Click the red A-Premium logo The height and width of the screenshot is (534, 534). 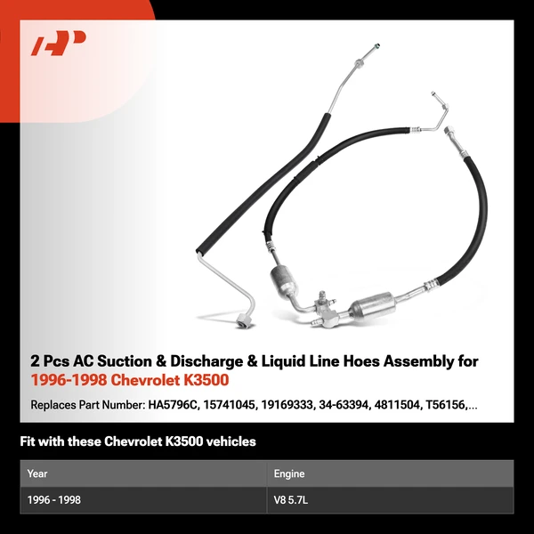tap(58, 43)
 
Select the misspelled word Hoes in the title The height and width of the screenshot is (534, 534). tap(361, 361)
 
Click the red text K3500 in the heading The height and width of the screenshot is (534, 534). tap(206, 380)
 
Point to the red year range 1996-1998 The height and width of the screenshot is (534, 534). tap(69, 380)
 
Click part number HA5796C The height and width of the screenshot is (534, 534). tap(174, 405)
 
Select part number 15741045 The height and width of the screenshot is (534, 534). tap(230, 405)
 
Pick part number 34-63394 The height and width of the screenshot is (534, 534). tap(344, 405)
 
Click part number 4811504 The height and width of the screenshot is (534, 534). tap(397, 405)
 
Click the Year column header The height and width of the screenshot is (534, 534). tap(37, 473)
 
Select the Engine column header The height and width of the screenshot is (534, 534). tap(289, 474)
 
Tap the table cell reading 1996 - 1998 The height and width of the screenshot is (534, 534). tap(53, 500)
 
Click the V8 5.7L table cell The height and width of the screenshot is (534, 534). tap(291, 500)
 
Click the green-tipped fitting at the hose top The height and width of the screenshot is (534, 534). tap(376, 45)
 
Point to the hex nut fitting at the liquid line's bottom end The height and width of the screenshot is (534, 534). tap(244, 321)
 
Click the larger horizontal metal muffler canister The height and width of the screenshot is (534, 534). tap(373, 305)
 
